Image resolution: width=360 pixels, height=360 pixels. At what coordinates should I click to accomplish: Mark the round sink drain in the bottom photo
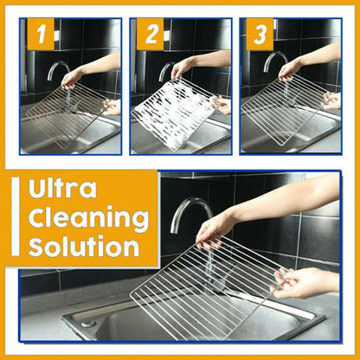(88, 322)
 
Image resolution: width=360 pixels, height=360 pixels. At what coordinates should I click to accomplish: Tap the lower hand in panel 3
(330, 100)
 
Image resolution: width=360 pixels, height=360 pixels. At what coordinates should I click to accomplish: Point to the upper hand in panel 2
(183, 67)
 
